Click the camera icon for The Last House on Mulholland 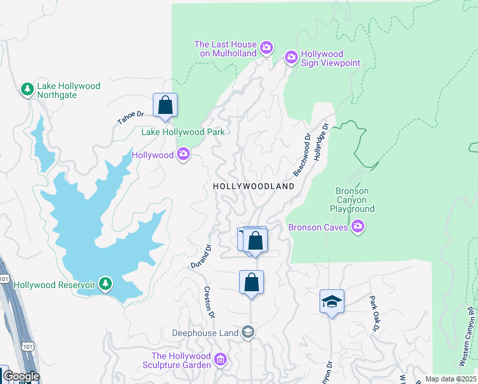pyautogui.click(x=266, y=48)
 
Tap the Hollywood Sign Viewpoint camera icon pyautogui.click(x=291, y=58)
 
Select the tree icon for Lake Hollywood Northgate pyautogui.click(x=27, y=90)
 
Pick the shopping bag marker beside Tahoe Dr pyautogui.click(x=165, y=106)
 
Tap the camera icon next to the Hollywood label pyautogui.click(x=184, y=155)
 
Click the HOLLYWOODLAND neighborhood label pyautogui.click(x=254, y=186)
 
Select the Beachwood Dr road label pyautogui.click(x=302, y=156)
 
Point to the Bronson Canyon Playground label pyautogui.click(x=352, y=200)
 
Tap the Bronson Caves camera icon pyautogui.click(x=358, y=227)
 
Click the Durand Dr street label pyautogui.click(x=201, y=256)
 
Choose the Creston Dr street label pyautogui.click(x=208, y=300)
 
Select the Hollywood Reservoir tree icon pyautogui.click(x=105, y=284)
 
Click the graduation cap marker pyautogui.click(x=332, y=301)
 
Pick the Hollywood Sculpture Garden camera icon pyautogui.click(x=221, y=360)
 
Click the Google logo pyautogui.click(x=20, y=376)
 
